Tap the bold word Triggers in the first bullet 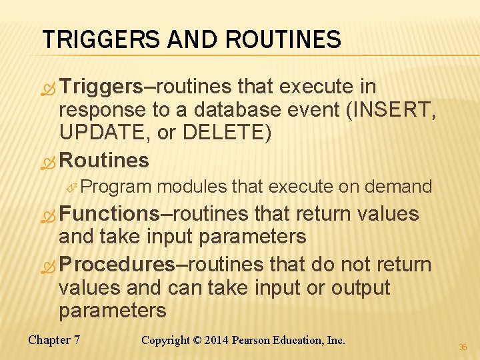pyautogui.click(x=101, y=87)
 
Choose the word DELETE pyautogui.click(x=224, y=133)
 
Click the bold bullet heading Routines pyautogui.click(x=104, y=160)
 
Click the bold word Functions pyautogui.click(x=109, y=214)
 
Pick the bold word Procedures pyautogui.click(x=117, y=264)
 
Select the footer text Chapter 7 pyautogui.click(x=54, y=340)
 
